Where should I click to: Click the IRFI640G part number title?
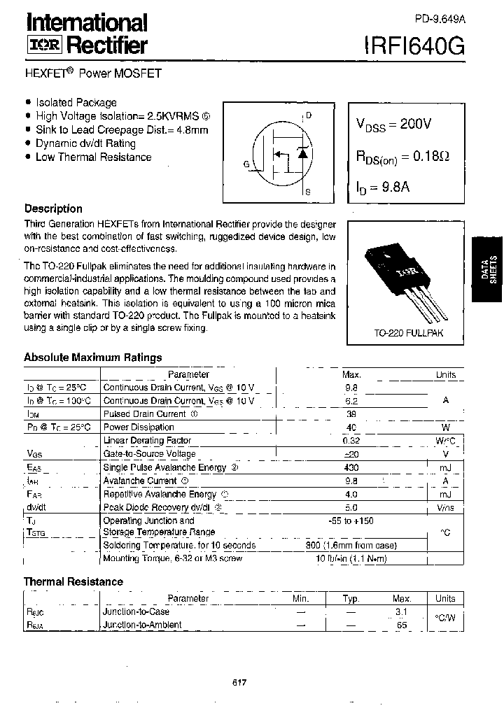click(413, 46)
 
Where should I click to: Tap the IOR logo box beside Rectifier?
click(45, 47)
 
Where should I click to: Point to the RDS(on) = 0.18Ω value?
click(402, 157)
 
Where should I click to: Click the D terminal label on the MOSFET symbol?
click(309, 115)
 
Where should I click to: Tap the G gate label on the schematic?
click(246, 164)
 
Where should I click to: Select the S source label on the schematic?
click(309, 190)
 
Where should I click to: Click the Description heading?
click(53, 208)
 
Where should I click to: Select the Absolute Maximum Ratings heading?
click(93, 357)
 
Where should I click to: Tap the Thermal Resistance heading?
click(73, 581)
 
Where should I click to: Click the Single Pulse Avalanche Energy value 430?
click(351, 467)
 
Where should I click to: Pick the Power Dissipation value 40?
click(351, 427)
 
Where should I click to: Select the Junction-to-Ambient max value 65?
click(402, 625)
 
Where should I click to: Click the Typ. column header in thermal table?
click(351, 599)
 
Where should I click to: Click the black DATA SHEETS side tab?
click(488, 269)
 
